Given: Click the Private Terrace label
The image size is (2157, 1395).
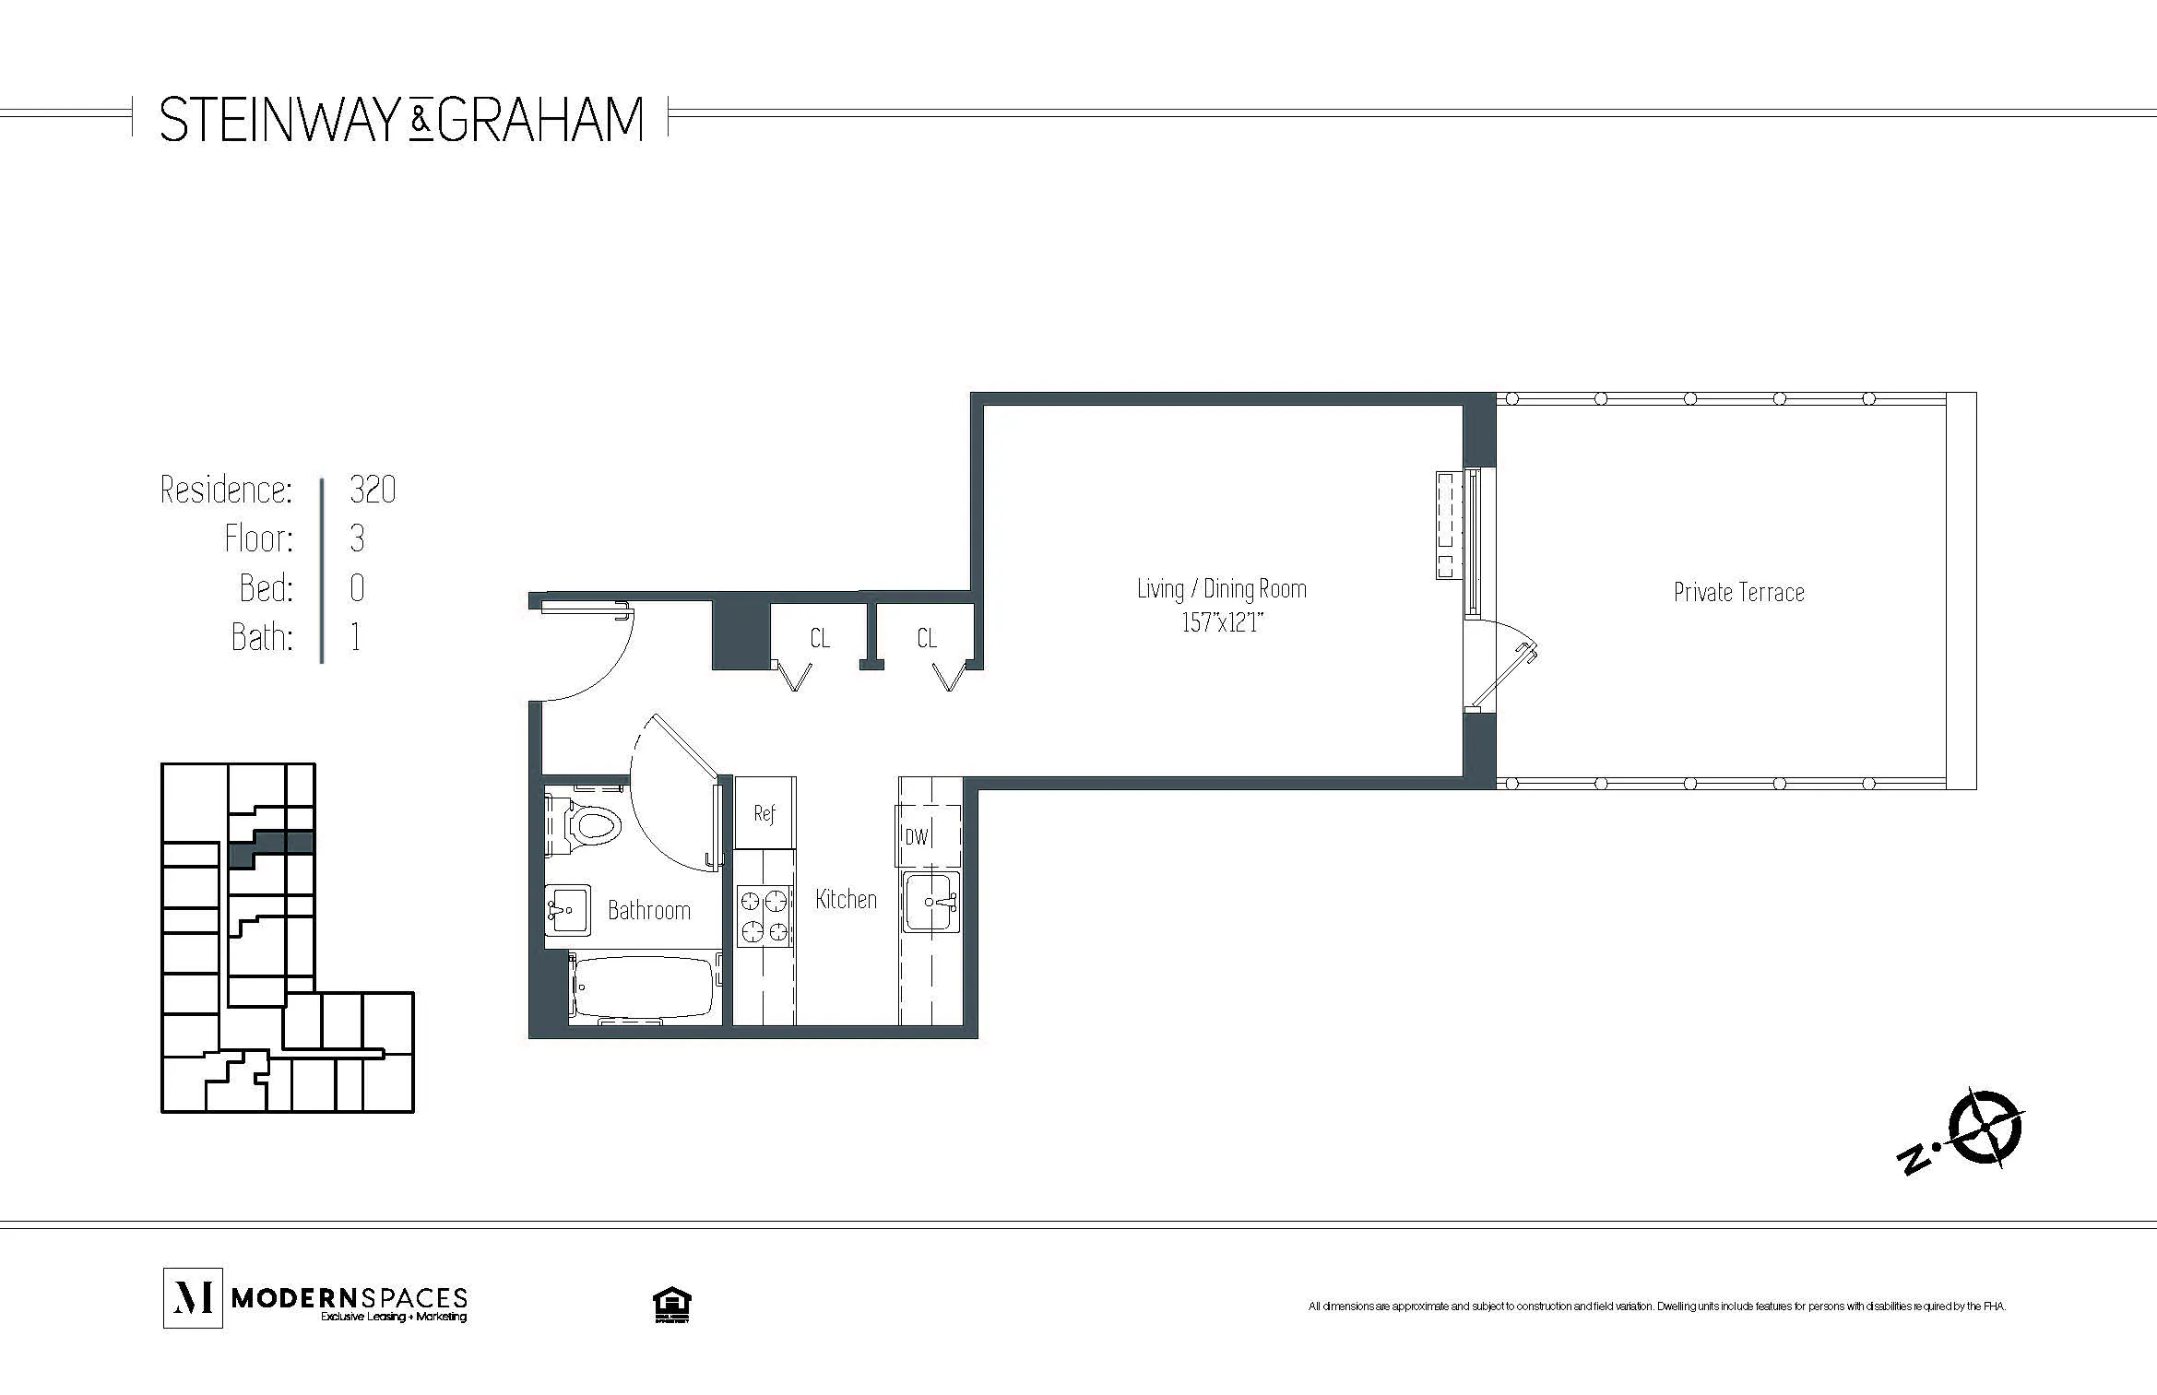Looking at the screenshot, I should pyautogui.click(x=1738, y=592).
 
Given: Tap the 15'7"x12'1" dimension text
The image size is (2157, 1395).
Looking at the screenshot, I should pyautogui.click(x=1222, y=623).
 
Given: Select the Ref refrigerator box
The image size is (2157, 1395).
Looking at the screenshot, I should pyautogui.click(x=764, y=813).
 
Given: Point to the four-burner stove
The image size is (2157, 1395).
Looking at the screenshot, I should pyautogui.click(x=764, y=916).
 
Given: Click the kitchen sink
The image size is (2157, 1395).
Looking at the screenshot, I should pyautogui.click(x=931, y=901).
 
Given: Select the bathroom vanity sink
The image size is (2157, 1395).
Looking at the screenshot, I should pyautogui.click(x=566, y=910).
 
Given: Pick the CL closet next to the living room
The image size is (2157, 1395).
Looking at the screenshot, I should pyautogui.click(x=927, y=638).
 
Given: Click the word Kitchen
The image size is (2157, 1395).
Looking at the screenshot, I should pyautogui.click(x=846, y=899).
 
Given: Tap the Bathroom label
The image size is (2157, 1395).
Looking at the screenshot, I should pyautogui.click(x=648, y=911).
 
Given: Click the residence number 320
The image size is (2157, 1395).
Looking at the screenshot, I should pyautogui.click(x=373, y=490).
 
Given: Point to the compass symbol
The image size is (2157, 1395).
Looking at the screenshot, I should pyautogui.click(x=1983, y=1128).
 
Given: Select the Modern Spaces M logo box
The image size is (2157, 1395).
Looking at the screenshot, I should pyautogui.click(x=193, y=1297).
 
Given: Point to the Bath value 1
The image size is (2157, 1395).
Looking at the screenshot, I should pyautogui.click(x=356, y=637).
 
